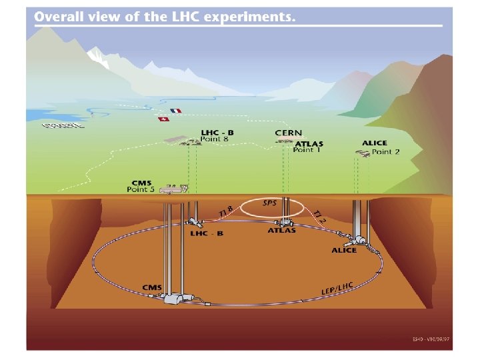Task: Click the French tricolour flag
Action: [175, 111]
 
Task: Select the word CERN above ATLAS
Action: [288, 134]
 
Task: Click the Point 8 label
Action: [215, 139]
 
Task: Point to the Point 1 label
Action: [307, 150]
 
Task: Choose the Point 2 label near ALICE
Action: [386, 152]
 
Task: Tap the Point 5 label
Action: [141, 189]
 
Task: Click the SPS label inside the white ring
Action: [270, 203]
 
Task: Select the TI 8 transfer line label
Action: [226, 212]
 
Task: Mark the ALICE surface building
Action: [363, 153]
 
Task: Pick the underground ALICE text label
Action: [344, 250]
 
